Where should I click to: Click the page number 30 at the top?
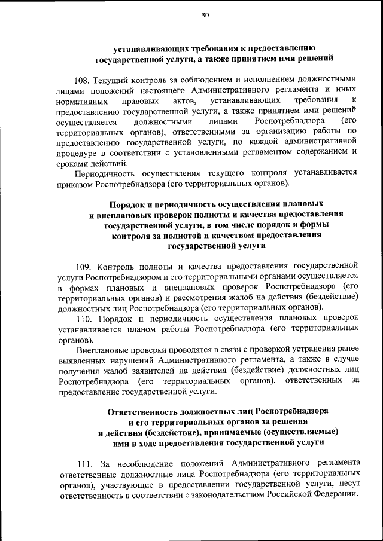tap(205, 16)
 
